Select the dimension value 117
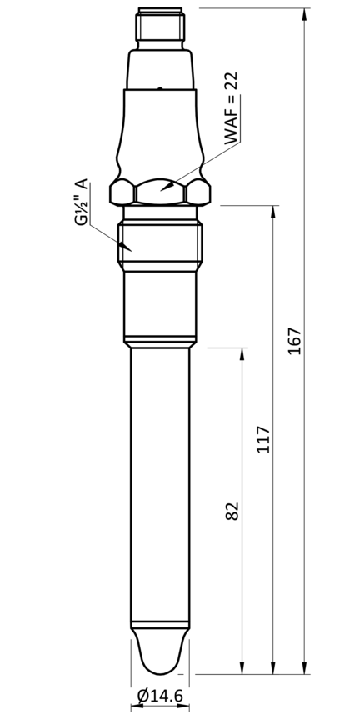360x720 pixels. [263, 439]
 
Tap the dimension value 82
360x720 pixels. [232, 511]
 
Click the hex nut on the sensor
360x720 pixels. [159, 192]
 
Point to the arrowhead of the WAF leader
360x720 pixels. [167, 186]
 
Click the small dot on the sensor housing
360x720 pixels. [158, 87]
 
